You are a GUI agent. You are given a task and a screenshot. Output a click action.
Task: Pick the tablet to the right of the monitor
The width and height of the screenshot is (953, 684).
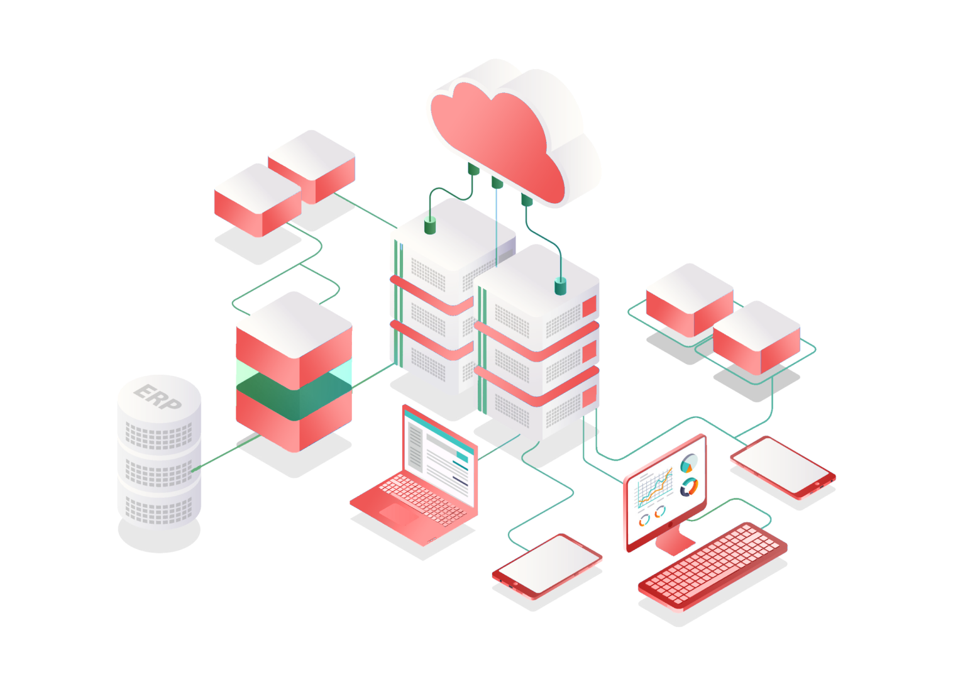tap(781, 466)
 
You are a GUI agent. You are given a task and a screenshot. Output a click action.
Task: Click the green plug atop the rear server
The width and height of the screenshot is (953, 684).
tap(430, 226)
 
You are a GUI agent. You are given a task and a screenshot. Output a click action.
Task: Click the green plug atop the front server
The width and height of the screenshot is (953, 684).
tap(560, 287)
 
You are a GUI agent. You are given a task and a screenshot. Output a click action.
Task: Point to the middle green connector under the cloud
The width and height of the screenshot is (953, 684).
tap(497, 183)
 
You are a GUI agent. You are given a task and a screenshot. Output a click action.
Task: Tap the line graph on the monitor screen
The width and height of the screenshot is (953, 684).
tap(654, 489)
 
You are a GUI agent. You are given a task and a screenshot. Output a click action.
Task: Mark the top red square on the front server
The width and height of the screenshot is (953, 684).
tap(589, 307)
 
